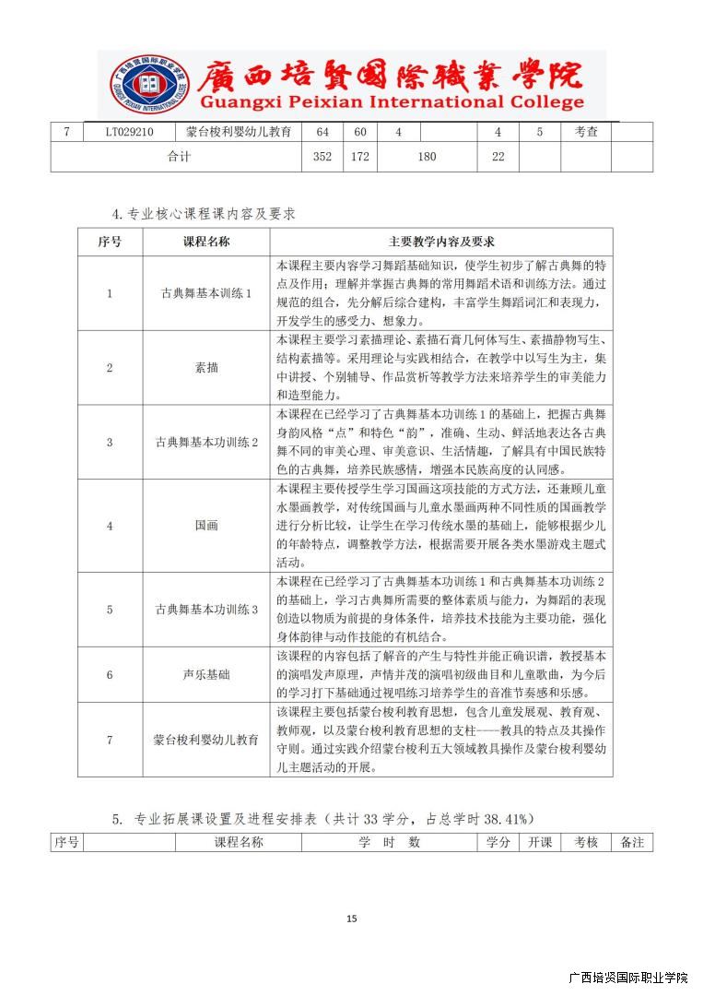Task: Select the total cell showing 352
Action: click(322, 157)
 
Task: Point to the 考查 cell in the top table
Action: click(586, 132)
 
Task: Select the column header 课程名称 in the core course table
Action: click(206, 242)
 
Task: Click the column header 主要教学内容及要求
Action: click(441, 242)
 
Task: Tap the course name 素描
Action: click(206, 367)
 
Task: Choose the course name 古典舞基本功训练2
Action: click(206, 442)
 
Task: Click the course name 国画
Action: click(206, 526)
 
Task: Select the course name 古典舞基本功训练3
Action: click(206, 610)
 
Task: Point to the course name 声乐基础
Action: click(206, 675)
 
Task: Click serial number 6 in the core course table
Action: click(110, 675)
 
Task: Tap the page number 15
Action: click(351, 919)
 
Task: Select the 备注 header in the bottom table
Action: click(632, 842)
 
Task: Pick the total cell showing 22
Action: click(498, 157)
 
